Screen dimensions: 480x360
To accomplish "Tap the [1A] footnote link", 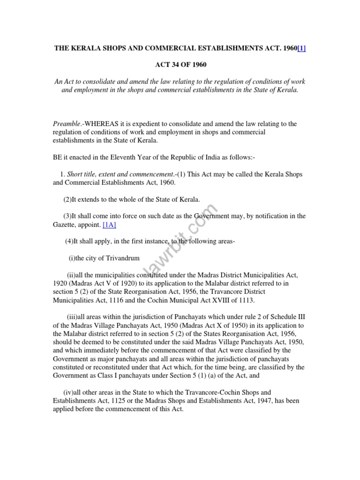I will coord(109,225).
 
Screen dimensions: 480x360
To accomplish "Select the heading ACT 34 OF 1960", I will coord(180,65).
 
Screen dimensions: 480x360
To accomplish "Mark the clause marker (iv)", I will coord(69,392).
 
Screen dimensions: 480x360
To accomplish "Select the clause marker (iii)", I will coord(74,317).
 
